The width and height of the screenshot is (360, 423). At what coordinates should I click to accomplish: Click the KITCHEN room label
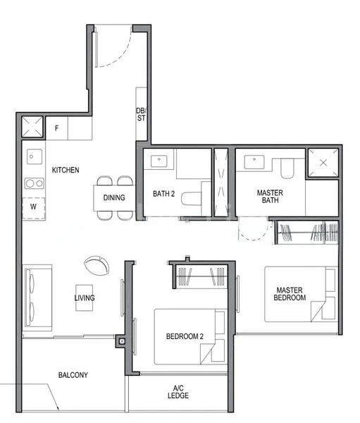click(x=66, y=170)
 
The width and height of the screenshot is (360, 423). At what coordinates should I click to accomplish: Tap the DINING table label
click(x=114, y=197)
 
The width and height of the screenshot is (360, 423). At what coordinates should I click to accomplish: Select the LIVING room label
click(x=85, y=298)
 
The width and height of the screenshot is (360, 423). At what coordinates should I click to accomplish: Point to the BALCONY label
click(x=73, y=375)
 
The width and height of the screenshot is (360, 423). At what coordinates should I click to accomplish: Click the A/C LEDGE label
click(x=178, y=392)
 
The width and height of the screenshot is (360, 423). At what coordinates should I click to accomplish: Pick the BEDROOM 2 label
click(x=185, y=336)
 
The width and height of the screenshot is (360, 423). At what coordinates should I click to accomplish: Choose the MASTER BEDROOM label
click(x=290, y=294)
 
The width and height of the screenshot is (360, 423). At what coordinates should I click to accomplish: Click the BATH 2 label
click(x=163, y=194)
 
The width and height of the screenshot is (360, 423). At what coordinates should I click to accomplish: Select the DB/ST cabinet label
click(x=141, y=114)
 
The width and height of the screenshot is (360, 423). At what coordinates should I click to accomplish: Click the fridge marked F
click(x=57, y=128)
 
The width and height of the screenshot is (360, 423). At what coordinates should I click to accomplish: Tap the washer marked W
click(x=33, y=208)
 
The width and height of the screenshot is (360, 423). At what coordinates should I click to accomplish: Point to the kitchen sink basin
click(x=32, y=157)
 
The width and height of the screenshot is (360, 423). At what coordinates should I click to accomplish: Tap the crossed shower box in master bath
click(x=323, y=163)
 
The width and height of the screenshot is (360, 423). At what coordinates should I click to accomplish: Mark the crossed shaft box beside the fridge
click(x=32, y=128)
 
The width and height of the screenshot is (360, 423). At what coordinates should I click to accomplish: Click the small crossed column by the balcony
click(x=123, y=342)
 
